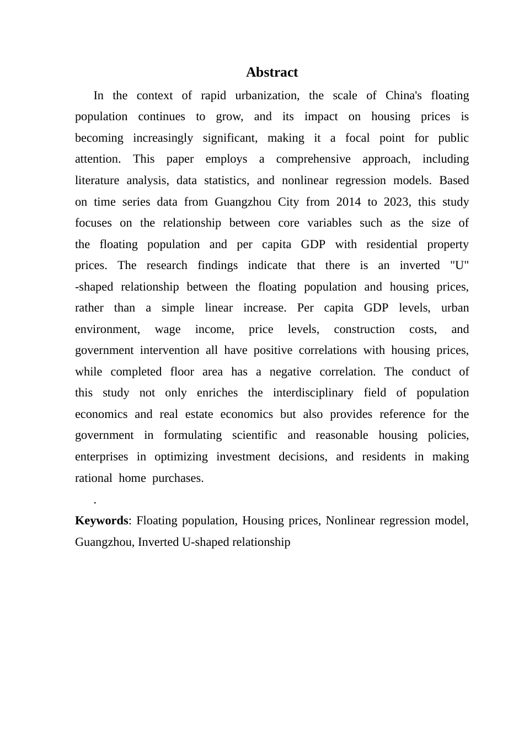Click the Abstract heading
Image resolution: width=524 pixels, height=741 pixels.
tap(271, 72)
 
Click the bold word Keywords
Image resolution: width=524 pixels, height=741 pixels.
tap(101, 520)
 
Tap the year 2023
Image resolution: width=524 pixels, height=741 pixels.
tap(395, 202)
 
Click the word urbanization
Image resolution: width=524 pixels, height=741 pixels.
tap(267, 95)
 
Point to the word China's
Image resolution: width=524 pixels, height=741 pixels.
tap(403, 95)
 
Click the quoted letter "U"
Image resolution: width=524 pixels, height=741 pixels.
tap(459, 265)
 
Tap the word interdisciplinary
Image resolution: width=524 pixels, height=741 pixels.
tap(313, 393)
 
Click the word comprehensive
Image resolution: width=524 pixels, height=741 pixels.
tap(313, 159)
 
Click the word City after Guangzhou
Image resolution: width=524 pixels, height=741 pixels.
tap(288, 202)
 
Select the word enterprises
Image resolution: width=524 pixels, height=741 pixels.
tap(101, 457)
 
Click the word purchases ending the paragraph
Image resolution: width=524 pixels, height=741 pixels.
tap(178, 478)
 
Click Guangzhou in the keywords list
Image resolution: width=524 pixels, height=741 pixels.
tap(103, 542)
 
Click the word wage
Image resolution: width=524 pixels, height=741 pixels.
tap(168, 329)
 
